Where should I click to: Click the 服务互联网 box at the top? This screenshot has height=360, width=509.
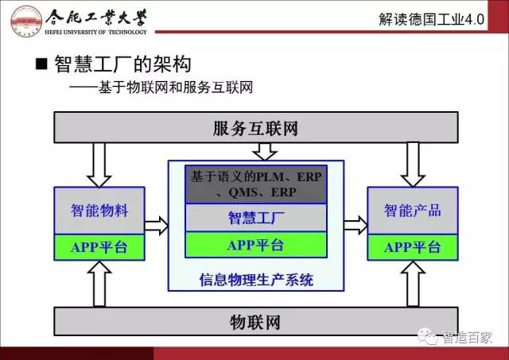coord(254,127)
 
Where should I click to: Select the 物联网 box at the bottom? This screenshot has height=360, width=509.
coord(254,323)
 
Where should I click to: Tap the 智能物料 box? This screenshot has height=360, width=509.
coord(99,211)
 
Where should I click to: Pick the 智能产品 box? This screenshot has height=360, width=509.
coord(412,211)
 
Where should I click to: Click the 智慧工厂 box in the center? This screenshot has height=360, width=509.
coord(256,217)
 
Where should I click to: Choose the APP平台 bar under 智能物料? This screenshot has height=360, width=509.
coord(99,247)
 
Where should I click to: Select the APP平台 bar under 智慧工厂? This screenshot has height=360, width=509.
coord(256,245)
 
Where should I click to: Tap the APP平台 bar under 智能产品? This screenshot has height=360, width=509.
coord(412,247)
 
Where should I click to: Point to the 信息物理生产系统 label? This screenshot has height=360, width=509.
coord(256,279)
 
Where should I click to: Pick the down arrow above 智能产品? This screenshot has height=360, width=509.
coord(413,164)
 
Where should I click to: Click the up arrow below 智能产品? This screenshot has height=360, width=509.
coord(413,284)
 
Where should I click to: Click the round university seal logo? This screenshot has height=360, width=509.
coord(23,21)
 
